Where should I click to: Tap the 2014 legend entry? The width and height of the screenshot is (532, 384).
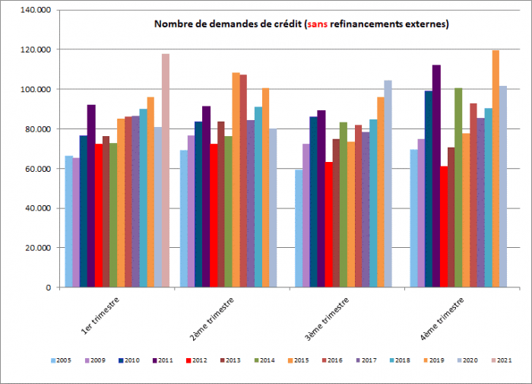(x=264, y=360)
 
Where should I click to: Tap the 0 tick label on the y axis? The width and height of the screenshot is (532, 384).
(x=48, y=287)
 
